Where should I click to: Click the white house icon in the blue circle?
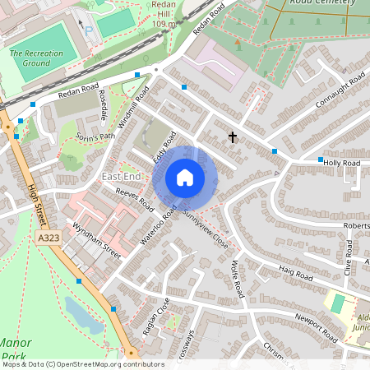[185, 178]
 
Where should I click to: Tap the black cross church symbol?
[233, 137]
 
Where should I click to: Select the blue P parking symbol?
[88, 30]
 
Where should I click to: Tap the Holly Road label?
[342, 164]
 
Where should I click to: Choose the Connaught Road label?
[340, 91]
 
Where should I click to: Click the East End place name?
[122, 178]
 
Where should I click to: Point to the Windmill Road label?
[120, 105]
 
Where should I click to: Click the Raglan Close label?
[154, 317]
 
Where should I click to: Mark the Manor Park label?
[15, 349]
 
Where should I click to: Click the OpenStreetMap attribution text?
[82, 364]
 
